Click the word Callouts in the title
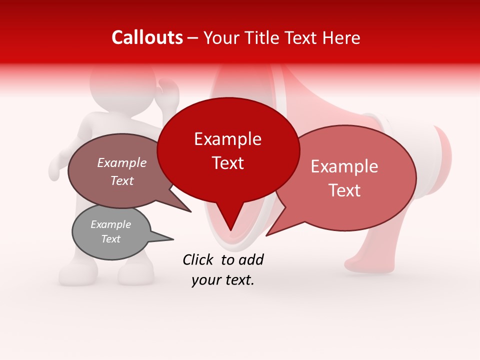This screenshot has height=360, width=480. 147,37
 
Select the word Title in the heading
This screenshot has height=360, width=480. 263,37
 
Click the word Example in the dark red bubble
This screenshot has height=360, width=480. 228,139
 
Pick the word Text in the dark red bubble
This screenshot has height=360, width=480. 228,163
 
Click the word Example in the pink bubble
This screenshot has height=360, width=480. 344,166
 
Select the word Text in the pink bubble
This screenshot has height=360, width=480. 344,190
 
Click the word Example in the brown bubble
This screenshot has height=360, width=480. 122,162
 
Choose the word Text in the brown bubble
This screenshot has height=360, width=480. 122,180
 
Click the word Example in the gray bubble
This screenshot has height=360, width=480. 111,224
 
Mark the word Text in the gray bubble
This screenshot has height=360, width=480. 111,239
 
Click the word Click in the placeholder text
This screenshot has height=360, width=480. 199,259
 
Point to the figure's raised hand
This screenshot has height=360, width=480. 168,92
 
